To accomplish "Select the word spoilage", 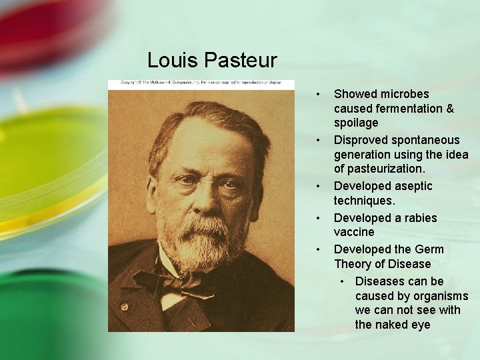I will point(356,123).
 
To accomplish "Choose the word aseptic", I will point(409,186).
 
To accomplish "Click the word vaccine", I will point(354,232).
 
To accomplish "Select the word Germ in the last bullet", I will point(429,249).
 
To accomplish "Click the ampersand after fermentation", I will point(448,109).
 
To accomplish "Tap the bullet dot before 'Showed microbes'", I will point(320,94).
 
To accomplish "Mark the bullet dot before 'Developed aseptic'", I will point(320,186).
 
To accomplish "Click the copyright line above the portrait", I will point(201,84).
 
